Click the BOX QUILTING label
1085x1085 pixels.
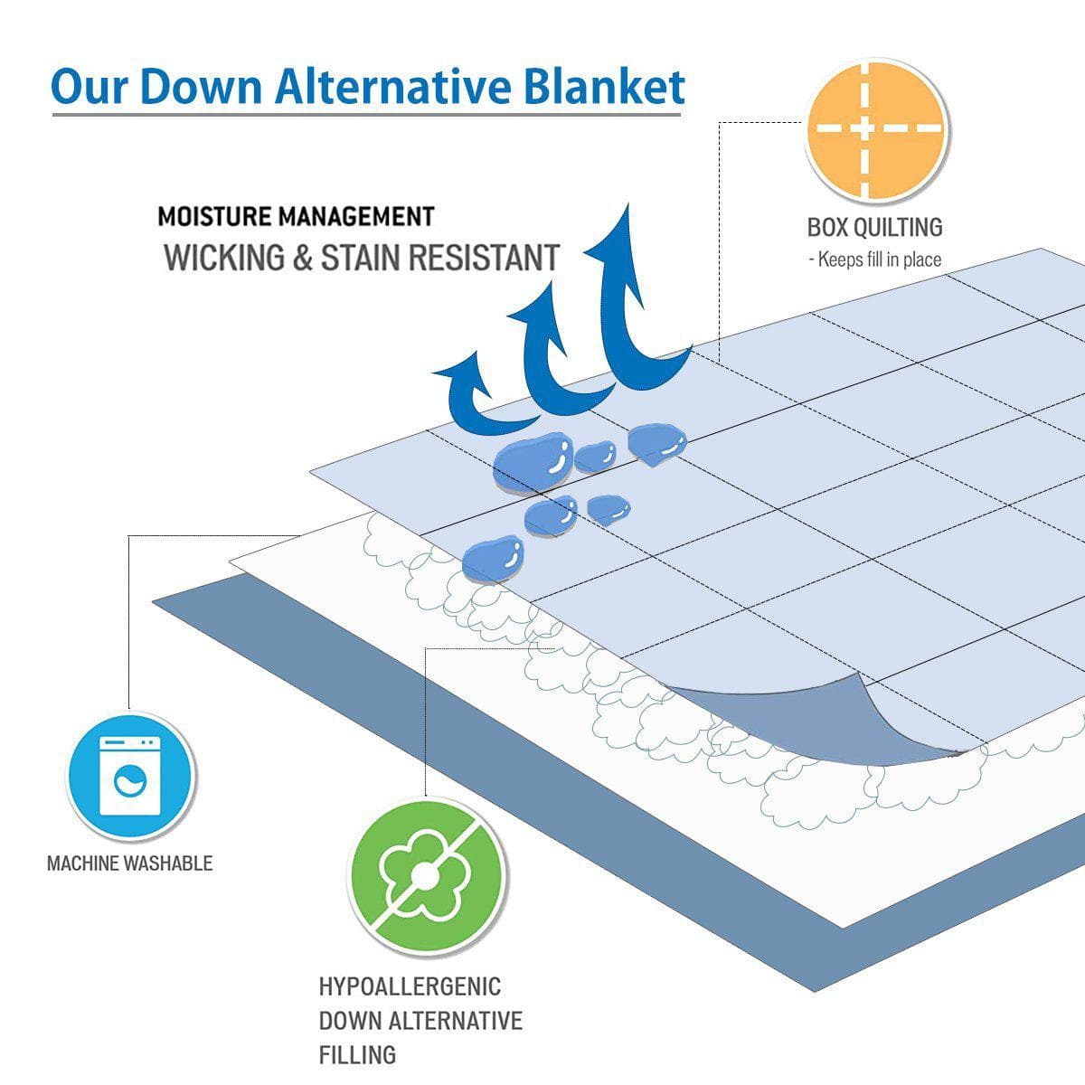(874, 227)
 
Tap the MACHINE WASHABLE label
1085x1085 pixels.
(129, 863)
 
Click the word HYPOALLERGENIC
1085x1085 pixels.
(410, 986)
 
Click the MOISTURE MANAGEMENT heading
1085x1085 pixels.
(296, 217)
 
